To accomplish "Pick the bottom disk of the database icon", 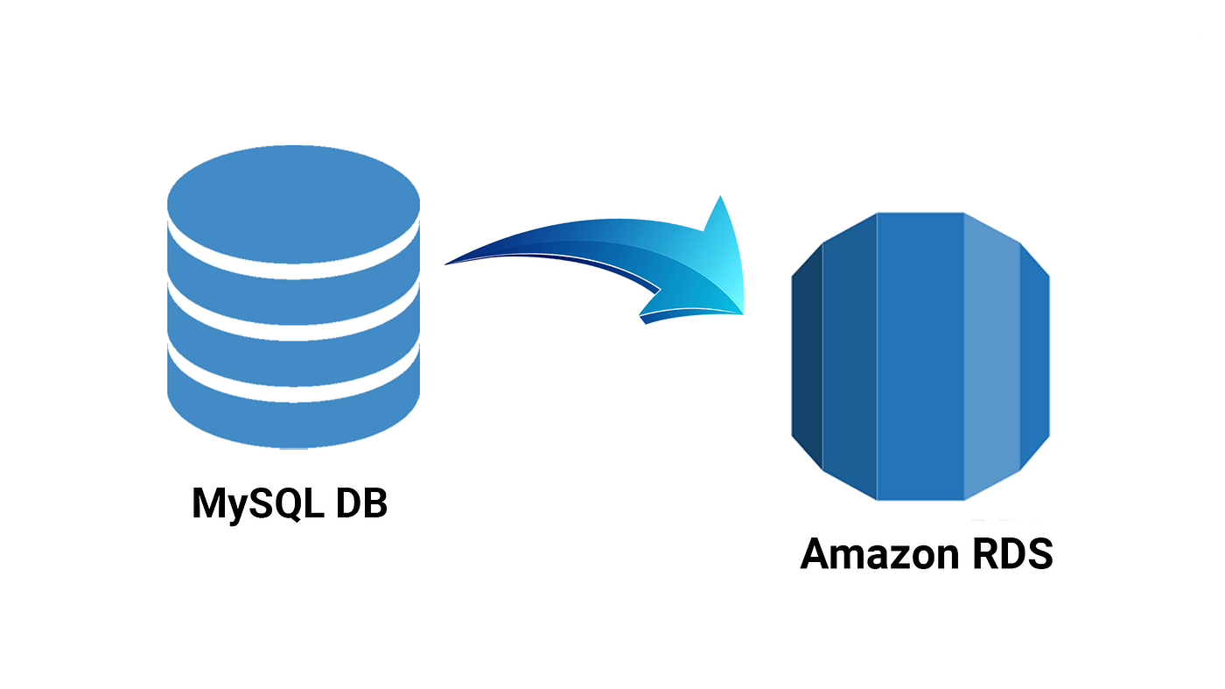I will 293,411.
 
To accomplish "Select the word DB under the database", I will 359,503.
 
